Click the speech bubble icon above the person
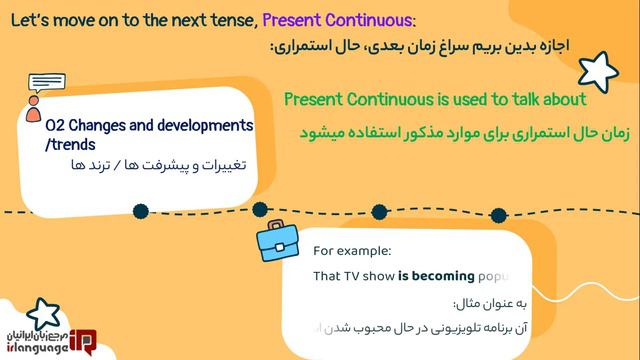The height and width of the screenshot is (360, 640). pos(47,84)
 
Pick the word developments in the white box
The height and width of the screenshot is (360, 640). pos(198,126)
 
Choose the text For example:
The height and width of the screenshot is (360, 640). pos(352,251)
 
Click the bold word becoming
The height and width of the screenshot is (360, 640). pos(433,277)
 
